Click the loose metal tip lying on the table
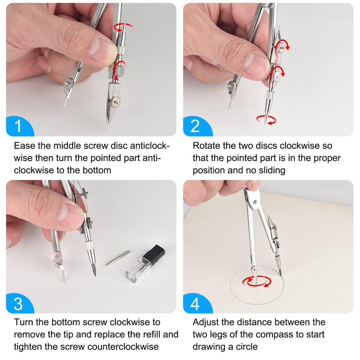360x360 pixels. (x=118, y=258)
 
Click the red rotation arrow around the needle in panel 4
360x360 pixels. (x=257, y=282)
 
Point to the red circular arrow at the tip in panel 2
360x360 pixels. (x=266, y=120)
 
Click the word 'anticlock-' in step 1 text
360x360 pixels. (x=150, y=146)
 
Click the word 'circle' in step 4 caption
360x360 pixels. (x=246, y=347)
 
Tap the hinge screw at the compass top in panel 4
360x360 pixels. (x=255, y=202)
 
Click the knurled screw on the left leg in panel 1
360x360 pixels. (x=68, y=83)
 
